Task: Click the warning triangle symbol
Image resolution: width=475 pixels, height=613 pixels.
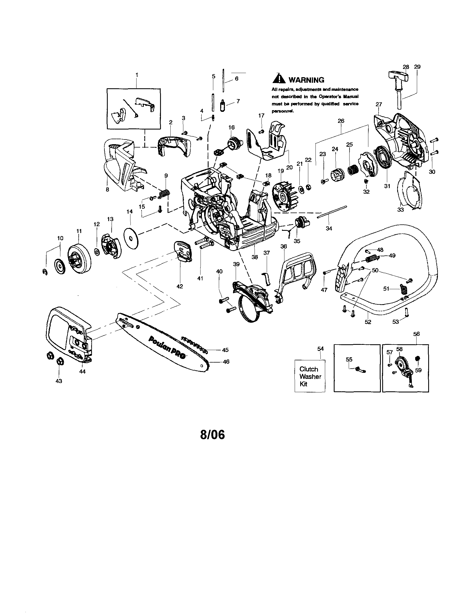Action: (x=279, y=79)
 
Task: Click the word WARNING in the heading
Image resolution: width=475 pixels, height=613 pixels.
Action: (x=306, y=80)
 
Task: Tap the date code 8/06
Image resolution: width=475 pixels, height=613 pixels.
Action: (x=212, y=435)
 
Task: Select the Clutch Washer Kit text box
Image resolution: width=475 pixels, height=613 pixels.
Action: (x=310, y=376)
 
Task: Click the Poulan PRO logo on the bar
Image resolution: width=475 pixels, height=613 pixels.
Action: (x=167, y=348)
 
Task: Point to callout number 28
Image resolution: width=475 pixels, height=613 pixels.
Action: (x=406, y=67)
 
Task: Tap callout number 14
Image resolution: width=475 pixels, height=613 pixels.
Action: (x=130, y=212)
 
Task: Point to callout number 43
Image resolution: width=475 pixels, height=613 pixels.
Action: (x=59, y=381)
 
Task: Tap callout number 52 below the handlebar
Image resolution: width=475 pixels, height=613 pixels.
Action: (x=368, y=322)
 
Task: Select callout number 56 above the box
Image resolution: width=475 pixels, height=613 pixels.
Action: (x=417, y=334)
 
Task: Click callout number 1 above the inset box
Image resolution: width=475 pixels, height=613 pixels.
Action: (x=137, y=75)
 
